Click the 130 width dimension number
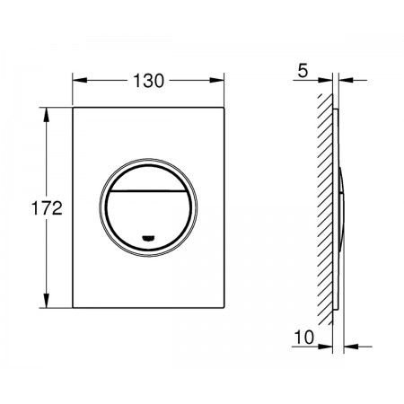[148, 81]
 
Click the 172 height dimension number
[47, 208]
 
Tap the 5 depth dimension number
[303, 71]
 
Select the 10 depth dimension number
[304, 337]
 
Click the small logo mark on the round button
[148, 239]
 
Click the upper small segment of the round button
[148, 178]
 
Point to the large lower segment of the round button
[148, 221]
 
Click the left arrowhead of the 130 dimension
[80, 80]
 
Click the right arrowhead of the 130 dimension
[216, 80]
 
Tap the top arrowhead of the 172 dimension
[46, 115]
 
